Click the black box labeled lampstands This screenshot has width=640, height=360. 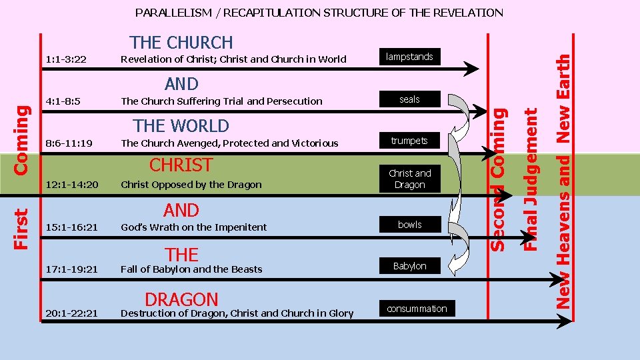pos(409,57)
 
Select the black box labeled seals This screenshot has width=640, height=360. pos(409,99)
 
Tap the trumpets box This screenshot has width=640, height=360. pos(409,141)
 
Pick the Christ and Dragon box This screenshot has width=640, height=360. pos(409,179)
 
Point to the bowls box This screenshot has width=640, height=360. pos(409,225)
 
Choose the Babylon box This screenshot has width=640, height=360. pos(409,266)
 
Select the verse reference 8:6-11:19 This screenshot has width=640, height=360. pos(69,143)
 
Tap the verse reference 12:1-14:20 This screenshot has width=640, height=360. pos(72,185)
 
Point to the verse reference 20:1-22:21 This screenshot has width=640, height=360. pos(72,313)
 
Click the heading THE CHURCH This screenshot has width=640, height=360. pos(181,43)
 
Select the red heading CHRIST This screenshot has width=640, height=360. pos(181,165)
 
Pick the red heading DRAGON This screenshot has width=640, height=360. pos(181,300)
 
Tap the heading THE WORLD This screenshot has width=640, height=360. pos(181,126)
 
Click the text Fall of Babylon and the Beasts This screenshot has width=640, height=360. pos(191,269)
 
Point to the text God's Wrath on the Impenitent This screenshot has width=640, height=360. pos(193,227)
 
